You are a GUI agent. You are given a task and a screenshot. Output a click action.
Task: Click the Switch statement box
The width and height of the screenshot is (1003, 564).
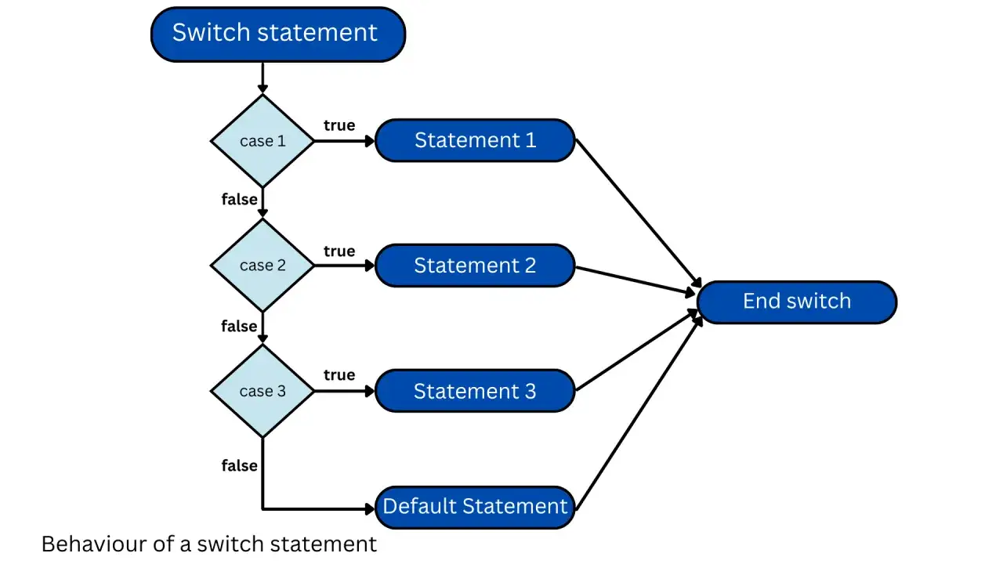(278, 34)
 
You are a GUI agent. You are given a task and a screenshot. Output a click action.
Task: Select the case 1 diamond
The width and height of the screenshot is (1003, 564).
(263, 141)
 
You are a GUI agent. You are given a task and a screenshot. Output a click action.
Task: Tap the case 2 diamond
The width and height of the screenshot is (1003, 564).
(263, 266)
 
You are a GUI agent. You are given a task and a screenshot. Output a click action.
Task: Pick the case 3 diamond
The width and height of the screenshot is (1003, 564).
(263, 391)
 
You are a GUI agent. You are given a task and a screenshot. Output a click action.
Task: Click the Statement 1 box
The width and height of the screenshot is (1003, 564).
(475, 140)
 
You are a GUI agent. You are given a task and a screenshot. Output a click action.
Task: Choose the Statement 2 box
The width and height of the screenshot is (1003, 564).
(475, 266)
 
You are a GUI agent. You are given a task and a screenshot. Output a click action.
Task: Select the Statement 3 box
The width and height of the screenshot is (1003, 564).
(475, 391)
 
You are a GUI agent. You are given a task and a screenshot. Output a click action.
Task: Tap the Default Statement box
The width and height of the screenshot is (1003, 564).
(475, 507)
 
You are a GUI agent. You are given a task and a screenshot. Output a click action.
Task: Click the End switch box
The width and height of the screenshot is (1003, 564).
(797, 302)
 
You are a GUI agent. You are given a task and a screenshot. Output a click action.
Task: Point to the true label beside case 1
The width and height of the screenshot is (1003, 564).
(339, 125)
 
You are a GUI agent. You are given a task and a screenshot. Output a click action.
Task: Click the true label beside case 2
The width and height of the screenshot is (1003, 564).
(339, 251)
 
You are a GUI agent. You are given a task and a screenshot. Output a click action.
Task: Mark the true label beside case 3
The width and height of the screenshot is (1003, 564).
(339, 374)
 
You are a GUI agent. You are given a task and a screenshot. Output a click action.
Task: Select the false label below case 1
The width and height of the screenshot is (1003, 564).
(240, 199)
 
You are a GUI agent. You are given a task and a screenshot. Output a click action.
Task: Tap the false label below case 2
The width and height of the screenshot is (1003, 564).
(240, 326)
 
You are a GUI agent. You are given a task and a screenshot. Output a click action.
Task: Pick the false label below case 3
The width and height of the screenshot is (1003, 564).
(240, 465)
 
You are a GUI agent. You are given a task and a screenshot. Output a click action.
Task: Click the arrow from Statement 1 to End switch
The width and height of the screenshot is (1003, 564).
(639, 214)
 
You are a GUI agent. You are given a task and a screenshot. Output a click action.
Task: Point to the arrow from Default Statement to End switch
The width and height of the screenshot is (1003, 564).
(639, 414)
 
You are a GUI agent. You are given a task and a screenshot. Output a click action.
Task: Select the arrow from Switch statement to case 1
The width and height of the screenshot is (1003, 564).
(263, 78)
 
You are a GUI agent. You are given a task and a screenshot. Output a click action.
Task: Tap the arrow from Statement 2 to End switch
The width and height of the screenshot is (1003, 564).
(635, 280)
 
